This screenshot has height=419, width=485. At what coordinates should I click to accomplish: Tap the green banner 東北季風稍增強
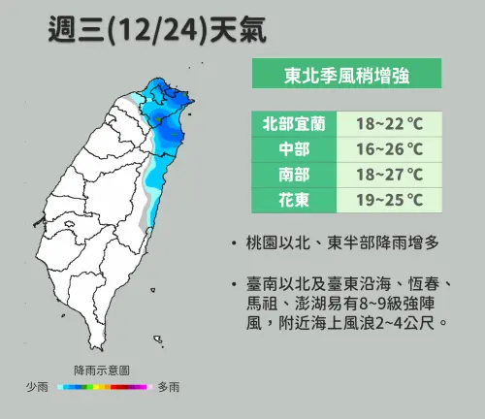346,74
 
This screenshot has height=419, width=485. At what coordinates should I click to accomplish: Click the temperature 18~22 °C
389,124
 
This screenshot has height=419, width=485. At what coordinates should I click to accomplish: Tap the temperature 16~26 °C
389,149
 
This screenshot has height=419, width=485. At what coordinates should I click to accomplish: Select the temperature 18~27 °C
389,175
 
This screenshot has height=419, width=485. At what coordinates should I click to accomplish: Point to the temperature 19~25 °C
389,201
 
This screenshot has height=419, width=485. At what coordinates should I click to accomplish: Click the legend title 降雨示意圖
102,371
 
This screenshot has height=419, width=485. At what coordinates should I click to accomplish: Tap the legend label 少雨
38,387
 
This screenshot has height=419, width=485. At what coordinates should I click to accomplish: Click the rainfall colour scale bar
103,387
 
